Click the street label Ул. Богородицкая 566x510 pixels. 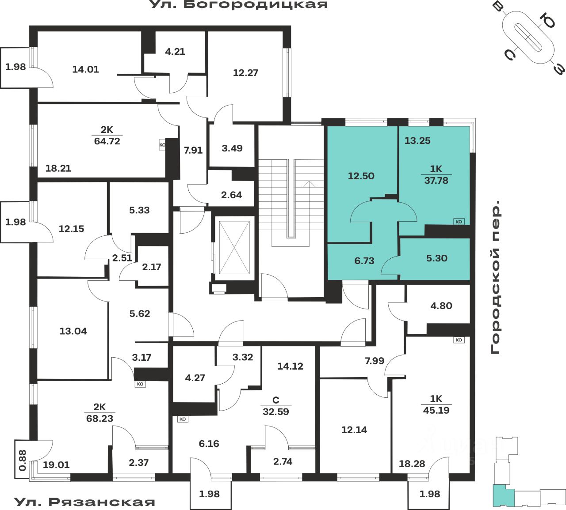[x=239, y=5]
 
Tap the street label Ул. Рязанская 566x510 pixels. [x=85, y=502]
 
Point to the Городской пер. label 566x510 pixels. [x=496, y=277]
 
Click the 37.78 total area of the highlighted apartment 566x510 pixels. [x=436, y=181]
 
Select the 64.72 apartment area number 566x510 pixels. [x=107, y=141]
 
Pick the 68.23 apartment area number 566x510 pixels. [x=100, y=418]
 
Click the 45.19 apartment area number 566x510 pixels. [x=436, y=410]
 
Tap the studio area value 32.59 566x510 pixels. [x=275, y=412]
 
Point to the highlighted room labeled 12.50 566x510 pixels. [x=361, y=176]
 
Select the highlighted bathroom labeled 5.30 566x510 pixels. [x=436, y=258]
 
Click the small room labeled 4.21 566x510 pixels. [x=175, y=52]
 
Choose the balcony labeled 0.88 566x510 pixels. [x=22, y=460]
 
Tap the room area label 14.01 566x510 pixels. [x=85, y=69]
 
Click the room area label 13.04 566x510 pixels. [x=73, y=331]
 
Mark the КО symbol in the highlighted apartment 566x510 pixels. [x=459, y=222]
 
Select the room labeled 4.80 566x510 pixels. [x=441, y=306]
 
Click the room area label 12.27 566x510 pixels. [x=245, y=73]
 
